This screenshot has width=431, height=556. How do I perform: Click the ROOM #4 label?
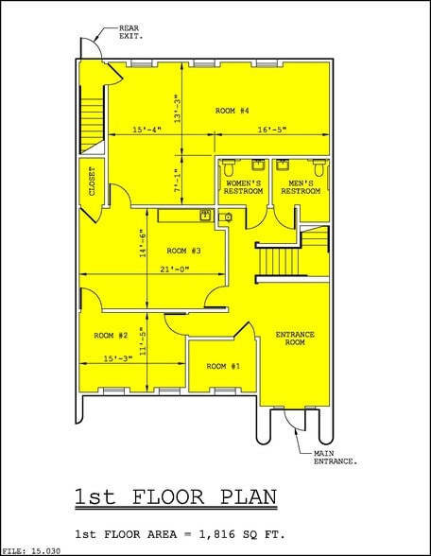coord(232,112)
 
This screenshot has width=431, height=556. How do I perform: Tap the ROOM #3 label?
coord(184,251)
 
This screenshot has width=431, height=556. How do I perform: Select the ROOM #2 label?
coord(111,336)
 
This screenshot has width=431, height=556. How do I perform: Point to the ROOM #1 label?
coord(223,366)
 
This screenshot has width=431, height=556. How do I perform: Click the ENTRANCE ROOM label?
coord(294,339)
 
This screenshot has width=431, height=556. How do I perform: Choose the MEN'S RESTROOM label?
coord(301,187)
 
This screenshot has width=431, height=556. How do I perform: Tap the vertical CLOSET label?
coord(93,182)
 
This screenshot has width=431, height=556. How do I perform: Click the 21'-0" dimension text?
coord(174,270)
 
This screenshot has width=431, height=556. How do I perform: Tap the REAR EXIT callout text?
coord(129,32)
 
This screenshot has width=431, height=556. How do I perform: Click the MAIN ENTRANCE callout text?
coord(335,458)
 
